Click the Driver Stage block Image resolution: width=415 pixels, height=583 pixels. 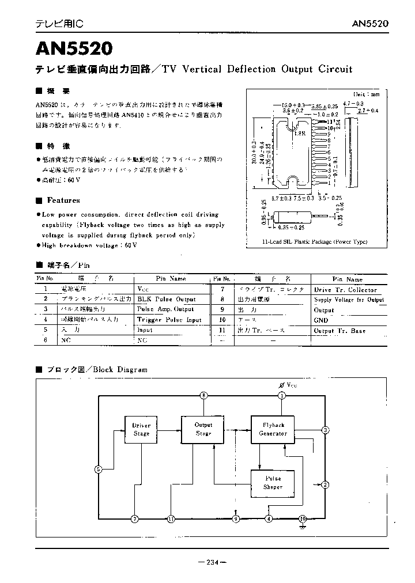(x=141, y=430)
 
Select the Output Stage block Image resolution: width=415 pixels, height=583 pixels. (x=203, y=429)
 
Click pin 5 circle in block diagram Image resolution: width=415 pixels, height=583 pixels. (x=98, y=470)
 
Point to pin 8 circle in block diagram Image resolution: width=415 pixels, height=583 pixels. (x=203, y=395)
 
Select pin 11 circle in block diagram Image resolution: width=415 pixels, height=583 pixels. (x=171, y=519)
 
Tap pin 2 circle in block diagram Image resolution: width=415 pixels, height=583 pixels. (x=326, y=484)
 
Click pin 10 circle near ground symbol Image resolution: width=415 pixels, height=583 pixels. (x=303, y=518)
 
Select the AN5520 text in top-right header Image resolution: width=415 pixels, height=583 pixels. (x=370, y=24)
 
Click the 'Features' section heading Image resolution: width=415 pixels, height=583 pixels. (x=63, y=200)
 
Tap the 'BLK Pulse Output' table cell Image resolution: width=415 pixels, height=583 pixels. (x=167, y=299)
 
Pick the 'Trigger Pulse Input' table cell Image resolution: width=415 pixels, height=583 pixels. (x=169, y=320)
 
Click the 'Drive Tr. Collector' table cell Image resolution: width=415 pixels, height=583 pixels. (x=345, y=290)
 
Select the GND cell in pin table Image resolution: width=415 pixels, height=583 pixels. (x=321, y=320)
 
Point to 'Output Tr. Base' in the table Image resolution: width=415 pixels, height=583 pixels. (x=339, y=331)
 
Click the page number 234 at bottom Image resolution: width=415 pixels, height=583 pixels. (x=212, y=563)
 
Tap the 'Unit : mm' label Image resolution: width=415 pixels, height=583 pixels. (x=367, y=93)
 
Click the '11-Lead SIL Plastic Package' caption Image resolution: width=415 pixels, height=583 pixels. (x=314, y=242)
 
